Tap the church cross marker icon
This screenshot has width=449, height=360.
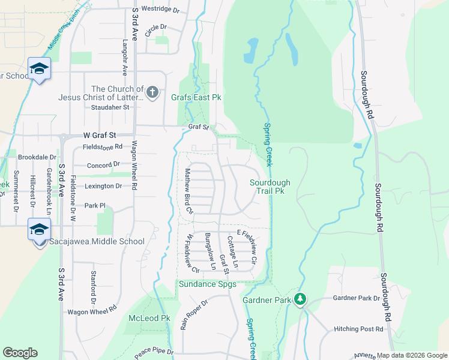[152, 92]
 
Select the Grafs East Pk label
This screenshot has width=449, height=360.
[196, 97]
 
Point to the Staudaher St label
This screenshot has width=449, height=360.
[110, 107]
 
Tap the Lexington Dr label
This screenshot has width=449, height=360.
[103, 186]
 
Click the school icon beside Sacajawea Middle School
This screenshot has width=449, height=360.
[39, 230]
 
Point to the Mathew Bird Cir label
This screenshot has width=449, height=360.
[188, 191]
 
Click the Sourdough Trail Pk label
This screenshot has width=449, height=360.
[270, 187]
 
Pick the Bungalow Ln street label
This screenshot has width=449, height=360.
[210, 251]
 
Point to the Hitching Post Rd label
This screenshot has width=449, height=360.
[358, 329]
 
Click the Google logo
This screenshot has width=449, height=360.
[20, 353]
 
